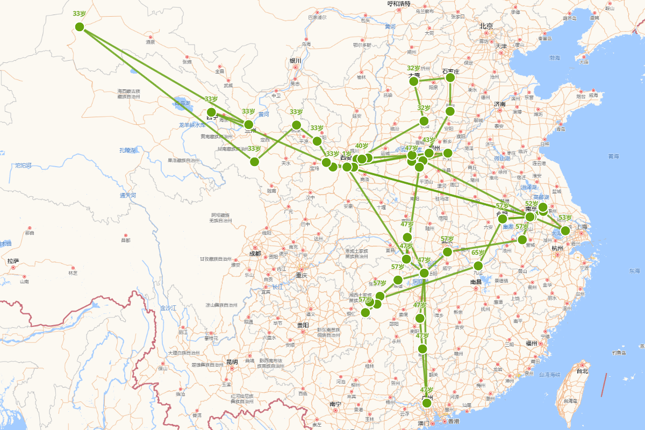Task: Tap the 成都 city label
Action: (x=255, y=253)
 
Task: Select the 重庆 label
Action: (x=301, y=275)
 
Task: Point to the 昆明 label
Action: (x=232, y=362)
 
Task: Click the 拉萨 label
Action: (x=13, y=261)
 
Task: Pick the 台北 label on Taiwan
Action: (x=582, y=371)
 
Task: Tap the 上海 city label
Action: (x=582, y=227)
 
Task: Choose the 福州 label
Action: (x=532, y=343)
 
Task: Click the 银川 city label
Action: (x=296, y=61)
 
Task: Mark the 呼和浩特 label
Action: (x=399, y=4)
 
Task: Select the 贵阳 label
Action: (x=303, y=325)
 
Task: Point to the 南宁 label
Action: (x=336, y=404)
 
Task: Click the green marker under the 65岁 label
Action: (x=478, y=266)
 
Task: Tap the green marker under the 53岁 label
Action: (x=565, y=231)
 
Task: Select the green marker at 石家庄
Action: (x=450, y=78)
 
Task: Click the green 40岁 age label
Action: (x=362, y=146)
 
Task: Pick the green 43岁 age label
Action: (x=428, y=140)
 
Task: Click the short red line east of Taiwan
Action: (x=604, y=385)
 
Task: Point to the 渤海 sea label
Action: (x=554, y=58)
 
